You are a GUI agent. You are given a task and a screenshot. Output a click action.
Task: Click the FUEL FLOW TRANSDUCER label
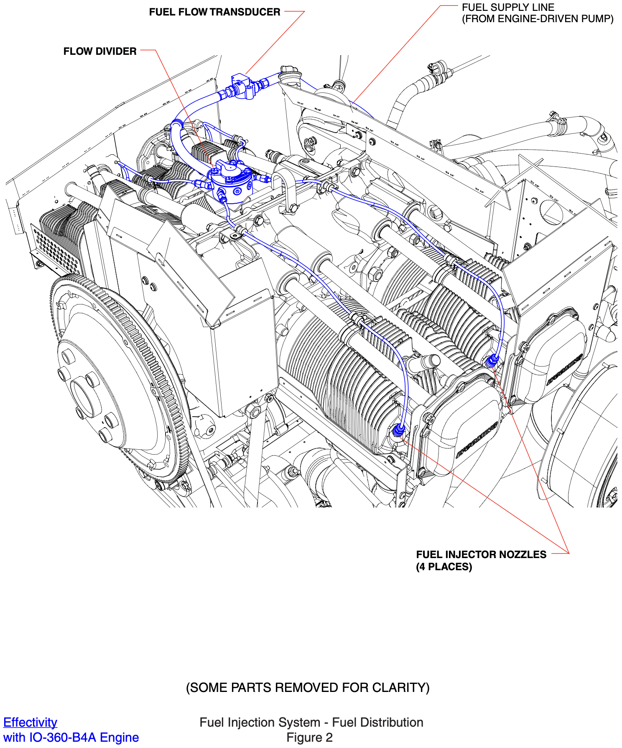[214, 12]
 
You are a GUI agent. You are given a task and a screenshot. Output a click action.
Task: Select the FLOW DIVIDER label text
[100, 51]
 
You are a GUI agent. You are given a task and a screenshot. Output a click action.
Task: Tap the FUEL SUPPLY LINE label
[508, 8]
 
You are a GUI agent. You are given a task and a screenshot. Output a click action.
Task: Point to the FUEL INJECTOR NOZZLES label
[481, 555]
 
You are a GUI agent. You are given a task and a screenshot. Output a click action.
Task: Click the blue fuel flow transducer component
[242, 87]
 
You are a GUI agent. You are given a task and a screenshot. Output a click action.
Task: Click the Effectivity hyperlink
[30, 722]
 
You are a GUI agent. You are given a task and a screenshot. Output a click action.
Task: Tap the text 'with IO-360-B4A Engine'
[71, 737]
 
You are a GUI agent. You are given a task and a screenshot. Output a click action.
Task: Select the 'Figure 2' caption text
[309, 737]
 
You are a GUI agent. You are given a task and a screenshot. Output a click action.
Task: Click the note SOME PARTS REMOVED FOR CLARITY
[308, 688]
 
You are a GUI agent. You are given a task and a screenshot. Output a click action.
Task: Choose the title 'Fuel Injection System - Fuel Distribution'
[311, 722]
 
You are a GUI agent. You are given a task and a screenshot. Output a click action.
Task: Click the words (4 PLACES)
[444, 567]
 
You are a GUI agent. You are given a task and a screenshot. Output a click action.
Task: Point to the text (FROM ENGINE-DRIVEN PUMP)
[538, 19]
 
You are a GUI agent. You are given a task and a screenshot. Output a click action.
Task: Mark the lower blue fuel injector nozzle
[398, 430]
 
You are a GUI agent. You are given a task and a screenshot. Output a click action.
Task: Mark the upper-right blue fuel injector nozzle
[492, 360]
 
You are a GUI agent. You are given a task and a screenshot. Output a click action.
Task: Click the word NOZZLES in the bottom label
[523, 555]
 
